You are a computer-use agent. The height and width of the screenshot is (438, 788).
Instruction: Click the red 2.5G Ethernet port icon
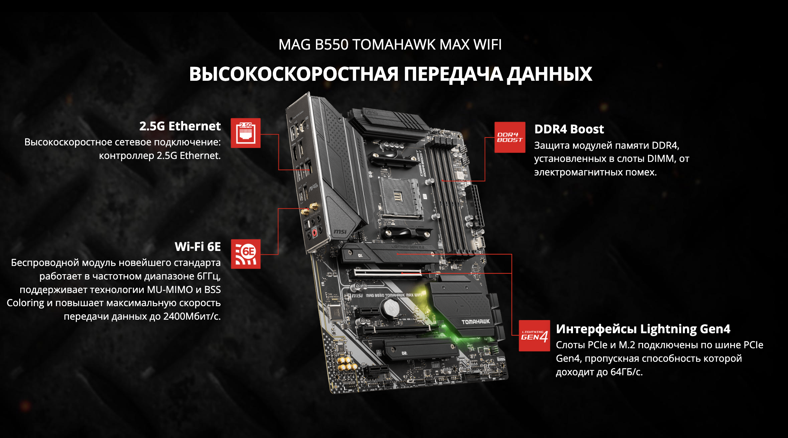(245, 133)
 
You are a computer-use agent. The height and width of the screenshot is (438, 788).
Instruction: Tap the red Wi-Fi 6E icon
(245, 254)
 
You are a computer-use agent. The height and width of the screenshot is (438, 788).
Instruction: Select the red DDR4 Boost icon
(510, 137)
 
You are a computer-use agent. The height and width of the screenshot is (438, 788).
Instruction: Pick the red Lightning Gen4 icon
(534, 336)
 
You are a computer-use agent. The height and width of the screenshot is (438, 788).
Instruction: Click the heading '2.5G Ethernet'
(180, 126)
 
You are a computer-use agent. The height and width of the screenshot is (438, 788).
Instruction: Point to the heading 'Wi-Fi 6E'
(198, 247)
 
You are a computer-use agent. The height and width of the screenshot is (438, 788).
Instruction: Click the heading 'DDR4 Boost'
(569, 129)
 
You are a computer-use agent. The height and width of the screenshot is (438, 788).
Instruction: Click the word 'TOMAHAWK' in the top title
(394, 45)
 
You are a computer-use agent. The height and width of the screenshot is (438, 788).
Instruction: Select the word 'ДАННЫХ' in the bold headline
(549, 74)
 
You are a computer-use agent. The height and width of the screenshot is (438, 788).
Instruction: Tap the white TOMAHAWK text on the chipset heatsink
(475, 322)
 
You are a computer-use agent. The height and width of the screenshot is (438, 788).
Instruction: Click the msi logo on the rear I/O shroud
(340, 232)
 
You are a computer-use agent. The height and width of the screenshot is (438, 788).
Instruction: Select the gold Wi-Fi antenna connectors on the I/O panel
(310, 209)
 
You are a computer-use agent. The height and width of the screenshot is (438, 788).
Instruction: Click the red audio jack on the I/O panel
(314, 233)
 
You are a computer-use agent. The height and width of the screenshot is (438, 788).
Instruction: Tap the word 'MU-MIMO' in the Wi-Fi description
(170, 290)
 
